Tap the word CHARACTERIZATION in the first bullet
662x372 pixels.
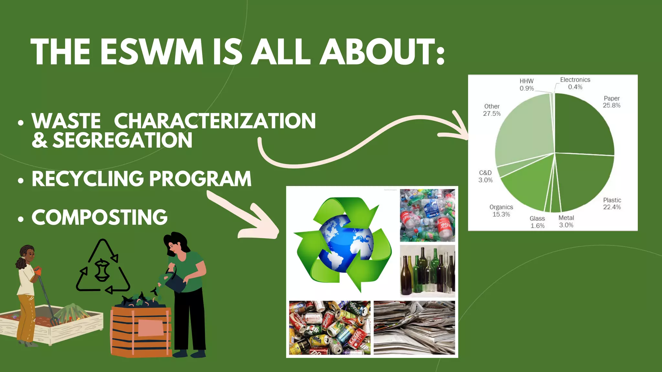(x=215, y=121)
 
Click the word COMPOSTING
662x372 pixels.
(x=100, y=217)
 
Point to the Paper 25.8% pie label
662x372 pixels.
(x=612, y=102)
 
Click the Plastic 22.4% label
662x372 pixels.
(x=612, y=204)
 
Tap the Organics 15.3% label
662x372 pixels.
(x=501, y=211)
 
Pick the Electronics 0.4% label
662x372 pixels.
(x=575, y=83)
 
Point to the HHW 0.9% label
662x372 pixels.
(x=527, y=85)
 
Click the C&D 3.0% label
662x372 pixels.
(x=486, y=176)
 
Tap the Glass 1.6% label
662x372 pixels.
(x=537, y=222)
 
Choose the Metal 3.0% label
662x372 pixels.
(x=566, y=222)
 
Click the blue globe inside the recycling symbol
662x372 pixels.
(x=345, y=244)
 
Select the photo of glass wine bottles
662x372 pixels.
(x=427, y=271)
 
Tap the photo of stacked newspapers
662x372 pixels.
(x=414, y=327)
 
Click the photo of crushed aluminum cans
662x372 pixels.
(x=330, y=327)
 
